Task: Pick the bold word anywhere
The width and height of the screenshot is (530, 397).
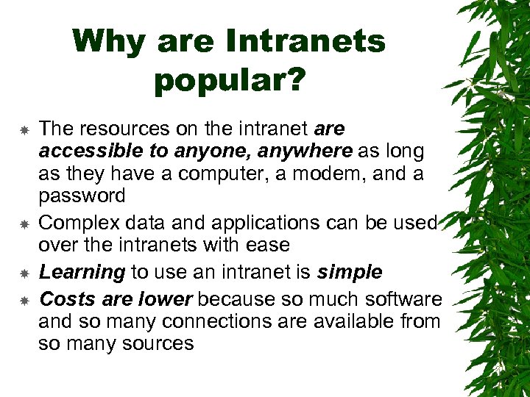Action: (311, 151)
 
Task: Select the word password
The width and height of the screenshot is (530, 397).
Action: (82, 196)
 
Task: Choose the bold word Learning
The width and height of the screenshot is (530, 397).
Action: (82, 272)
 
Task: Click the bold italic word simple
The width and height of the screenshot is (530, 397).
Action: (350, 272)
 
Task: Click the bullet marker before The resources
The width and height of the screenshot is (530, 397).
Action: (24, 130)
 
